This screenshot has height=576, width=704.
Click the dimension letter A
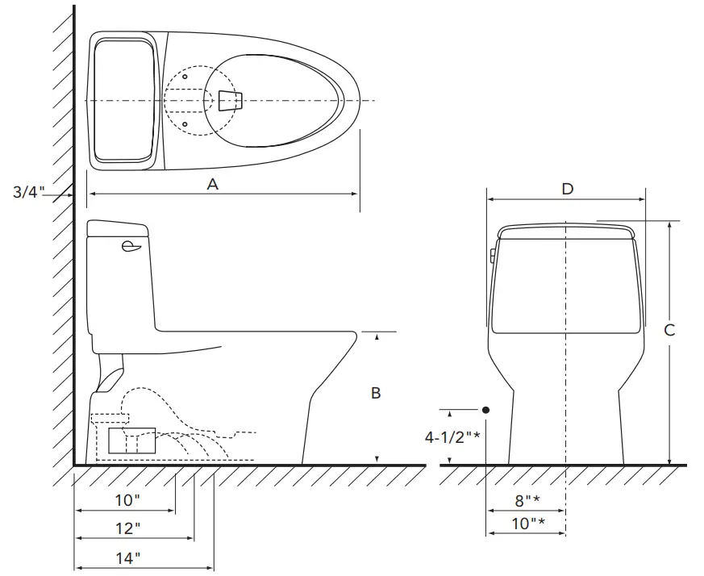pyautogui.click(x=212, y=184)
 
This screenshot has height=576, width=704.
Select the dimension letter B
pyautogui.click(x=376, y=393)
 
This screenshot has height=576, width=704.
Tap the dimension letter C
pyautogui.click(x=669, y=330)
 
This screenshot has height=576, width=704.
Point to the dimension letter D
pyautogui.click(x=568, y=189)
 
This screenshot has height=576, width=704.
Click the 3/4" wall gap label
pyautogui.click(x=29, y=192)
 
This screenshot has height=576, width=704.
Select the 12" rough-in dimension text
pyautogui.click(x=128, y=528)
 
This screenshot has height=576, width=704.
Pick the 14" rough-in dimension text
pyautogui.click(x=128, y=558)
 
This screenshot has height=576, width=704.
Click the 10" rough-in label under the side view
pyautogui.click(x=127, y=500)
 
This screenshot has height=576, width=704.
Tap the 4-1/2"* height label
pyautogui.click(x=452, y=436)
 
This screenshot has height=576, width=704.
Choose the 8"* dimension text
pyautogui.click(x=527, y=500)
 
